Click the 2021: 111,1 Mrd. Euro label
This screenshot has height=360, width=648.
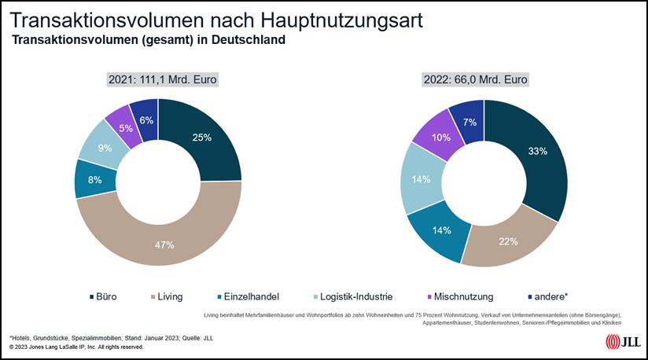click(x=162, y=79)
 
